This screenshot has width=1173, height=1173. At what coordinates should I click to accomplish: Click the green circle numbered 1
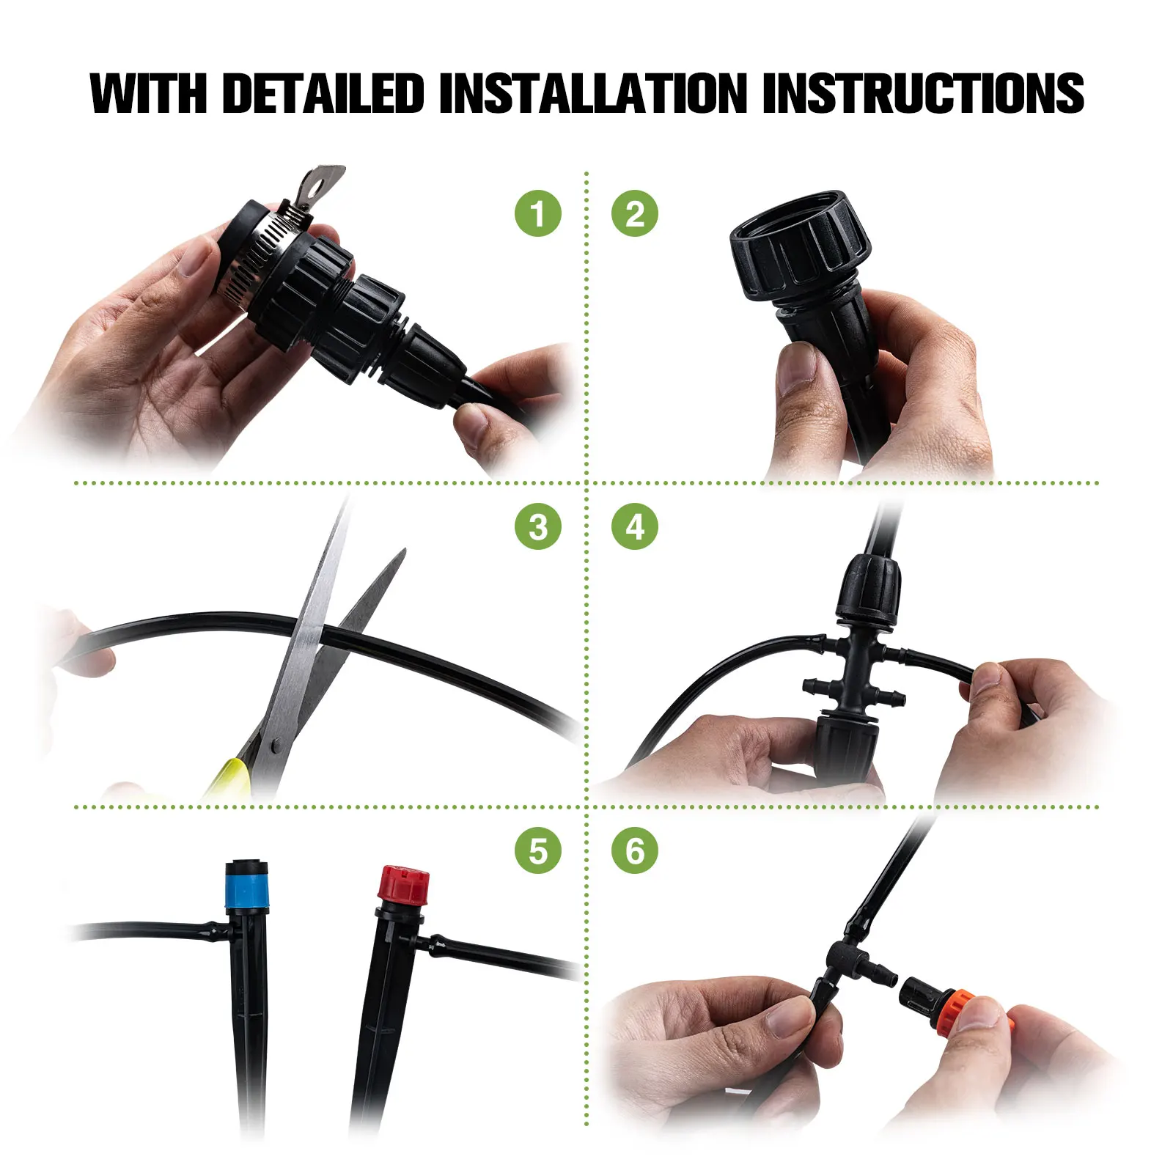click(x=538, y=213)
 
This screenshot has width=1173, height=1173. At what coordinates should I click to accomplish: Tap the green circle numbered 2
click(x=635, y=213)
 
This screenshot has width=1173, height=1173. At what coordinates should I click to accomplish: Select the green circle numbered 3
click(x=538, y=526)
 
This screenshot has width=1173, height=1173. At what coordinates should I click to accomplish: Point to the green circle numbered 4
click(x=635, y=526)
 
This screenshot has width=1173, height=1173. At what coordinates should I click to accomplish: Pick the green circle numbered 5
click(x=538, y=851)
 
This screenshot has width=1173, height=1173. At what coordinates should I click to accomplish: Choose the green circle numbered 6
click(x=635, y=851)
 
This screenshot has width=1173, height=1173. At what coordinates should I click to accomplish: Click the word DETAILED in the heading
click(x=323, y=93)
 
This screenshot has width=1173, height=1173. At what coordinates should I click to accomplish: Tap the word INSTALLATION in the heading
click(x=593, y=93)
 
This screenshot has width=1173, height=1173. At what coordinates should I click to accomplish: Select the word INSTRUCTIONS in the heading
click(x=923, y=93)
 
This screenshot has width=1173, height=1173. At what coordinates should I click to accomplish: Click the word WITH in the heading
click(x=149, y=93)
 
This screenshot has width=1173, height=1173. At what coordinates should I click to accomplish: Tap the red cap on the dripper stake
click(x=402, y=886)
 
